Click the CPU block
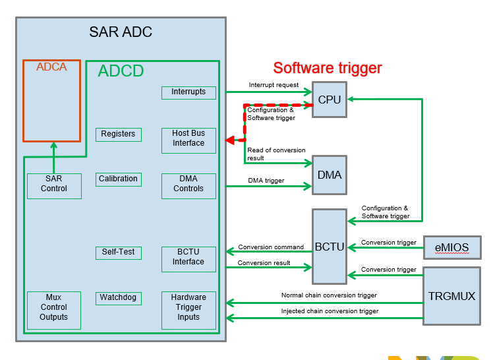329,100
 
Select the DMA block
329,175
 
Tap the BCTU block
329,247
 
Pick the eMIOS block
452,248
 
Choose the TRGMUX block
452,296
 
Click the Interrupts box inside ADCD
188,92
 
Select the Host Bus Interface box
188,138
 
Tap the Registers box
118,135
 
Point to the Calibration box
118,179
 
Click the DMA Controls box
188,184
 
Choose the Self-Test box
118,253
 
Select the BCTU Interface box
188,257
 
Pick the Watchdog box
118,298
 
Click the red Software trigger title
328,68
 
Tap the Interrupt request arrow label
274,85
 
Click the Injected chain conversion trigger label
330,311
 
